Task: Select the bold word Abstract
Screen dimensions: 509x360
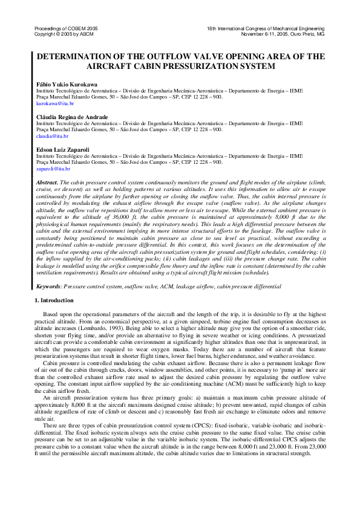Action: coord(48,182)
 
